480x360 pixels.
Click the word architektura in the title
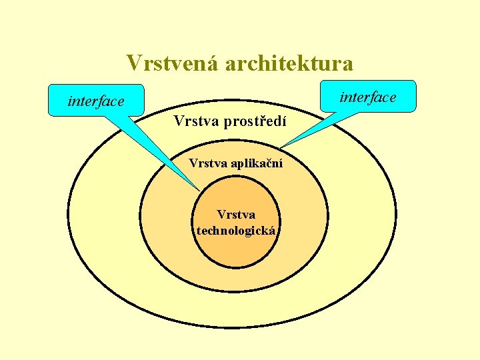(289, 63)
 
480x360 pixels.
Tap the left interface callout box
(96, 101)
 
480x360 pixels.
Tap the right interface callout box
(367, 97)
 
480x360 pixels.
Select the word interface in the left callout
(96, 101)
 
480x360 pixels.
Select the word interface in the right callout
(367, 97)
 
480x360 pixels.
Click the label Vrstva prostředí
(229, 121)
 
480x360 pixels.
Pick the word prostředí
(257, 121)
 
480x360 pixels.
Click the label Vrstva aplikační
(235, 163)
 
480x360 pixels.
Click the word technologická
(236, 231)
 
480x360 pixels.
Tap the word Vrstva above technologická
(236, 215)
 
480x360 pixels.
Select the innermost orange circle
(236, 250)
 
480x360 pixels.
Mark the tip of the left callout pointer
(198, 191)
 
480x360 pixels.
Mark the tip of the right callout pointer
(281, 147)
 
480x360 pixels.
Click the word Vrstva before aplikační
(207, 163)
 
